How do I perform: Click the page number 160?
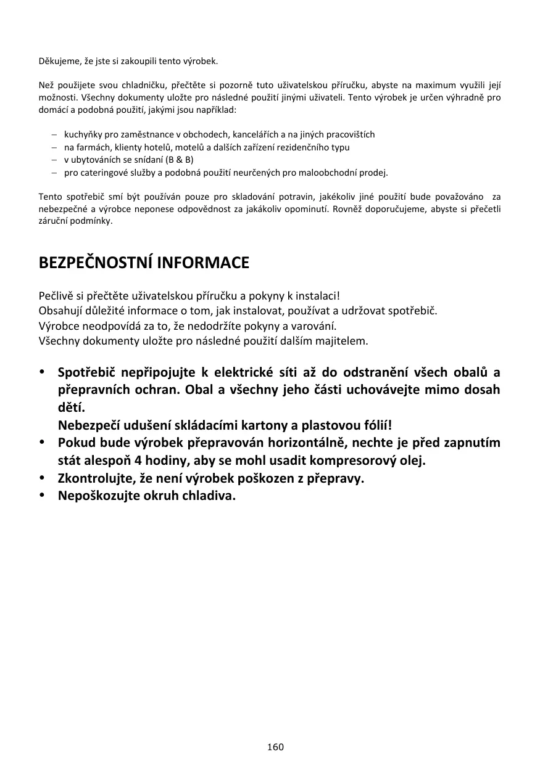point(275,747)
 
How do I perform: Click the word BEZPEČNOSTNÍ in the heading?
point(96,263)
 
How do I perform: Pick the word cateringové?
point(102,173)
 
